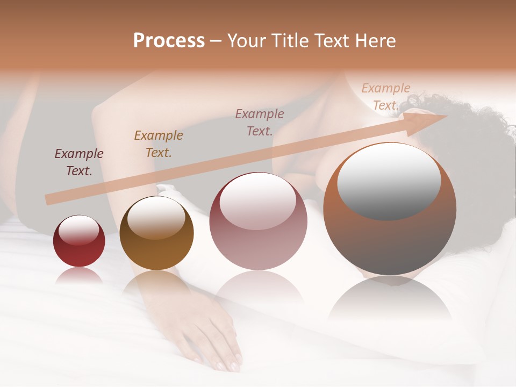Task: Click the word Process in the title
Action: pos(169,41)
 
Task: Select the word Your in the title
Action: pos(246,41)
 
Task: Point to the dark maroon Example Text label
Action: pos(79,162)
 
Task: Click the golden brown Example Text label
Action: pos(159,144)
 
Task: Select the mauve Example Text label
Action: pos(260,122)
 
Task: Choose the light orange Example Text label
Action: pos(385,97)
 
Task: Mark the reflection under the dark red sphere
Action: pos(79,277)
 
